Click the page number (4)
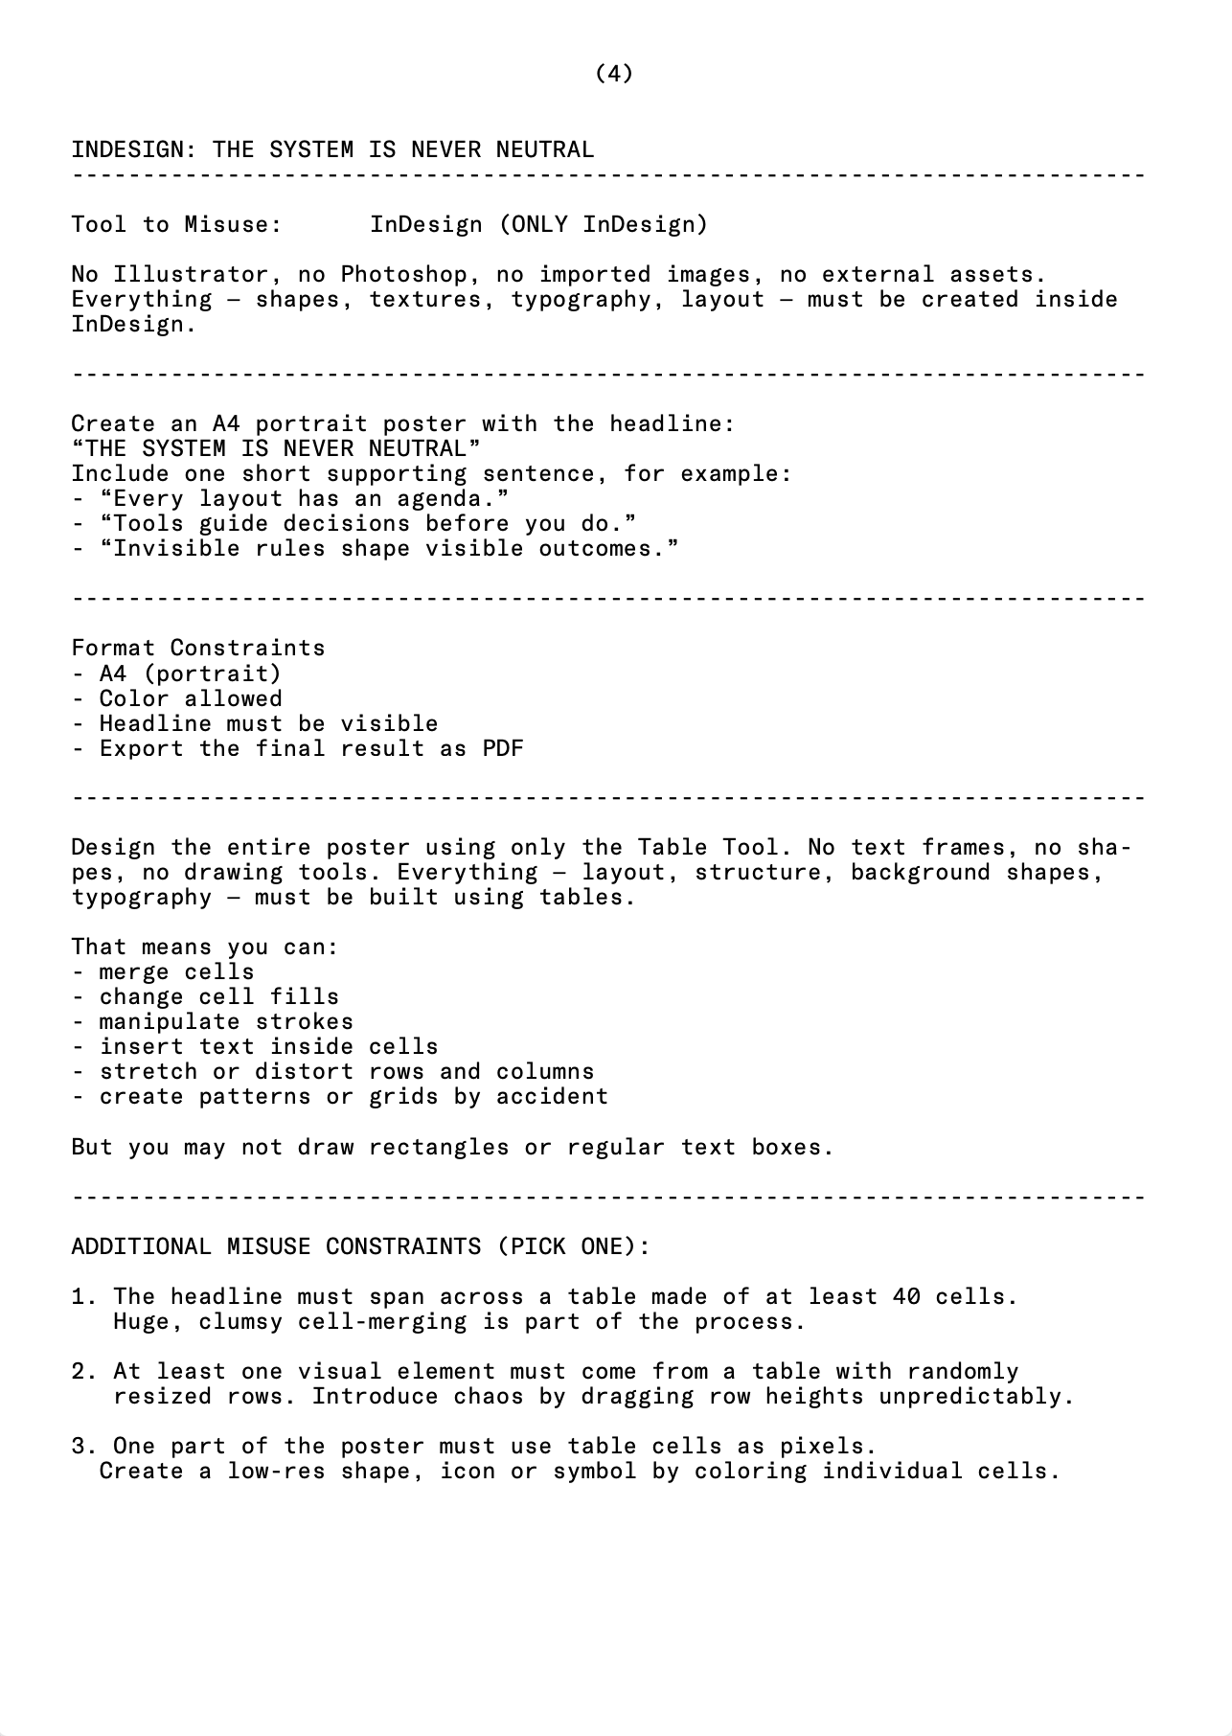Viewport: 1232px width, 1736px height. pyautogui.click(x=614, y=74)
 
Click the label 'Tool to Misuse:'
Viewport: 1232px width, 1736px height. pyautogui.click(x=176, y=225)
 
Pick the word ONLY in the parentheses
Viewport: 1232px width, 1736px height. pyautogui.click(x=539, y=225)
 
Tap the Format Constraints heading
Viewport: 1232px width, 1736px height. pyautogui.click(x=198, y=649)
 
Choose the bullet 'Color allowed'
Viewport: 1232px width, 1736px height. pyautogui.click(x=191, y=698)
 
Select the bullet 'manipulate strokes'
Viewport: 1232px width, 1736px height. pyautogui.click(x=226, y=1022)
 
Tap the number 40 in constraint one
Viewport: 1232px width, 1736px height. pyautogui.click(x=906, y=1297)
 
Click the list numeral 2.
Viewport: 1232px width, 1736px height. pyautogui.click(x=80, y=1372)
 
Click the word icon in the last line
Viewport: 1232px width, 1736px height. pyautogui.click(x=468, y=1472)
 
